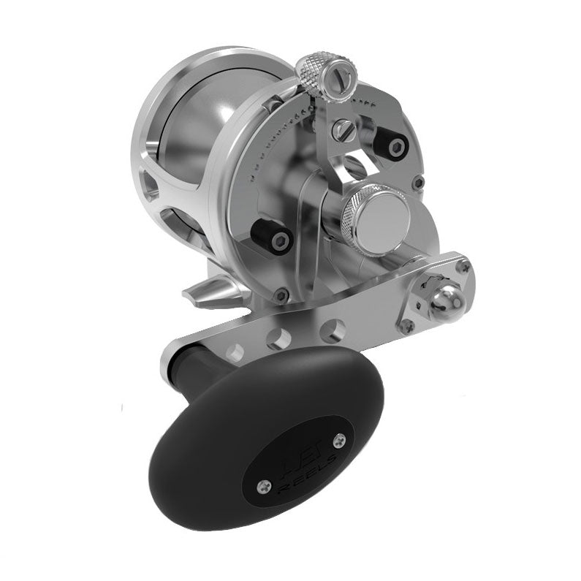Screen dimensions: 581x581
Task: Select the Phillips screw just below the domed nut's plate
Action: tap(408, 325)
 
